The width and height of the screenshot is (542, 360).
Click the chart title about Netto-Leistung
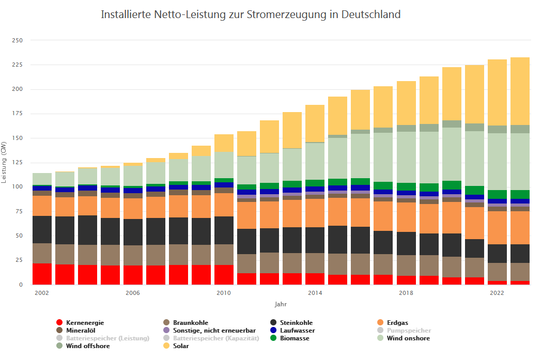[x=251, y=14]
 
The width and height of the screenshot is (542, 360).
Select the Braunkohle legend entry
[x=191, y=323]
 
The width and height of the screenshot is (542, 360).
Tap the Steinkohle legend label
[x=296, y=323]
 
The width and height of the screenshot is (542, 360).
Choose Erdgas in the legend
[x=397, y=323]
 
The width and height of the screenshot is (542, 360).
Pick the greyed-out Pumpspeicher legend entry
[x=409, y=331]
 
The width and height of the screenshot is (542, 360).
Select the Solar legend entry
[x=181, y=346]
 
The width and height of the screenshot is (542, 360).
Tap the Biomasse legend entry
[x=295, y=338]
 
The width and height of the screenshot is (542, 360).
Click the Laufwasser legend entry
[x=297, y=331]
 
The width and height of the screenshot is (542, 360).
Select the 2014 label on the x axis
[x=315, y=293]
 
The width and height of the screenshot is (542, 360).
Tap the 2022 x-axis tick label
[x=497, y=293]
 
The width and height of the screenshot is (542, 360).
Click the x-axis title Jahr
[x=281, y=305]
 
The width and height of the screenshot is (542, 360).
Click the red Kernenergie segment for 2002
[x=42, y=274]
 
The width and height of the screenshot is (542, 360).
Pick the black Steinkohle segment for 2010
[x=224, y=230]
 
